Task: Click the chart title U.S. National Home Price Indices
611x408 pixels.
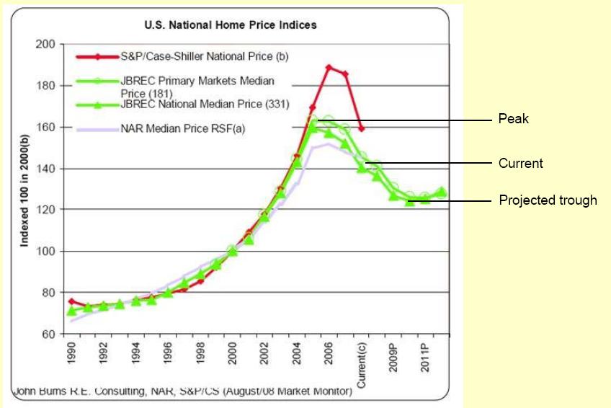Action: click(231, 25)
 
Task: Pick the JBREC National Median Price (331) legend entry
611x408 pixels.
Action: click(205, 105)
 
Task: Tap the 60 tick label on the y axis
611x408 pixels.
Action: click(48, 334)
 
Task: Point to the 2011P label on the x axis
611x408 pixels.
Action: click(426, 358)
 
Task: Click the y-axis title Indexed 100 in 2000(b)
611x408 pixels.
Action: click(24, 189)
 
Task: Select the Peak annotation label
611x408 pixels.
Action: click(513, 118)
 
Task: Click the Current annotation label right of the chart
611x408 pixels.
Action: click(520, 164)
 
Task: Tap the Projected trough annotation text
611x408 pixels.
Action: click(548, 200)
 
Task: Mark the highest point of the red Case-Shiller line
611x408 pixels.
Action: click(329, 67)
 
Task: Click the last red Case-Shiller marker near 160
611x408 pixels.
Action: click(361, 128)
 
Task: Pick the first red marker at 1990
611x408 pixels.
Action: click(71, 301)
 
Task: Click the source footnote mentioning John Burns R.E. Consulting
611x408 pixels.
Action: click(182, 391)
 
